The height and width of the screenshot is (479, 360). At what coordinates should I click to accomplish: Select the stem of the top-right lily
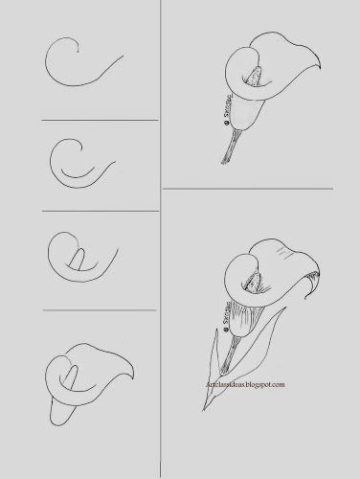[230, 148]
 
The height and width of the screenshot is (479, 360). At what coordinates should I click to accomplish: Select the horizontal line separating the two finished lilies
[259, 190]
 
